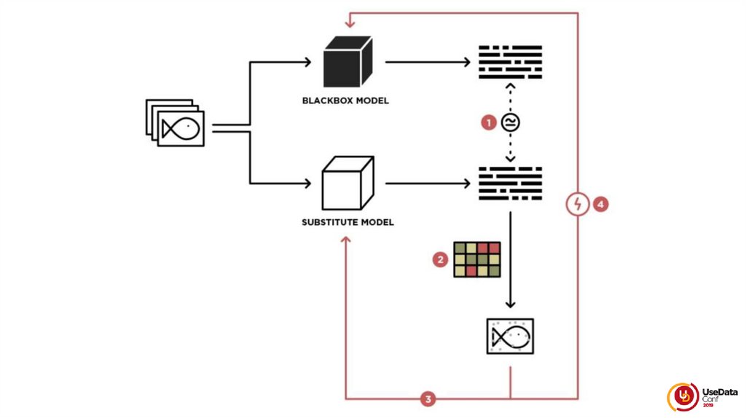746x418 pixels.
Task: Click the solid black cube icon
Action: coord(348,62)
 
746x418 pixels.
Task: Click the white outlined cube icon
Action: coord(348,183)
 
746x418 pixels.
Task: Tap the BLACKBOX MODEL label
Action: coord(345,100)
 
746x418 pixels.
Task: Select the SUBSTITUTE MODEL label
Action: coord(348,221)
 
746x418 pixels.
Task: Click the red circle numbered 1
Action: coord(489,122)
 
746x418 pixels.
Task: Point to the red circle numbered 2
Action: coord(439,259)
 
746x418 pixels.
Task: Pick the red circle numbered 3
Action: coord(428,398)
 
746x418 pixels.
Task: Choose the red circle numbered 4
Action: coord(600,205)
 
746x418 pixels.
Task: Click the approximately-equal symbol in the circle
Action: coord(510,122)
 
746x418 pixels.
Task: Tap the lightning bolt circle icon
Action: coord(577,205)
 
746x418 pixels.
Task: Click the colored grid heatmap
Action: coord(477,259)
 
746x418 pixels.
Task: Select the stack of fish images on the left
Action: coord(176,123)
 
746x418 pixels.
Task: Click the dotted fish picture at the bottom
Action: coord(510,336)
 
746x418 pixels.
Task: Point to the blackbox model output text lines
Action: coord(510,62)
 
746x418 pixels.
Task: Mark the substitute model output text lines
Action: coord(510,183)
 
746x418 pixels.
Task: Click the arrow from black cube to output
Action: coord(427,62)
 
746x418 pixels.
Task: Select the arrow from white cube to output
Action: coord(427,183)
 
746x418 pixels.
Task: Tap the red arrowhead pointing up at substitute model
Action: coord(346,240)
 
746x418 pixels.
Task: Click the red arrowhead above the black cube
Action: coord(350,23)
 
